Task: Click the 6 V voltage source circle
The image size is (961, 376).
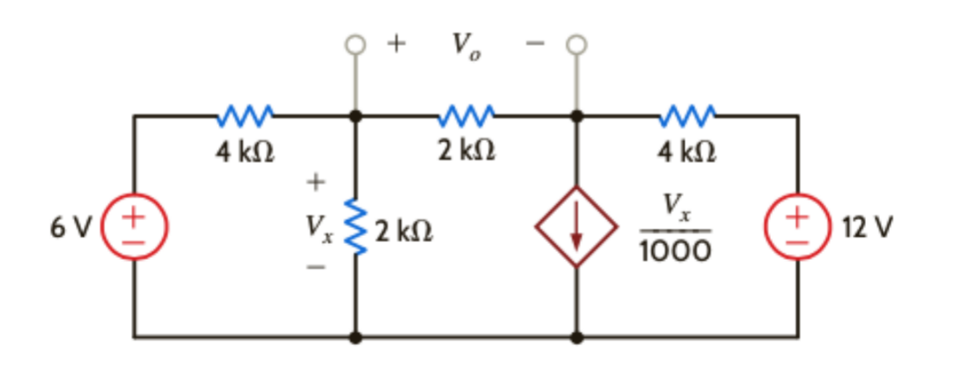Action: [x=134, y=226]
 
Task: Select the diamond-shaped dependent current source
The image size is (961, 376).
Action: [x=577, y=226]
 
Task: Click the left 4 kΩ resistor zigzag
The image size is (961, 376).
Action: [x=246, y=114]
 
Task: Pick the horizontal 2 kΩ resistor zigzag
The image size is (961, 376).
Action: [x=466, y=114]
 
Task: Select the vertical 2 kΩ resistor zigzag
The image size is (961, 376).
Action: [x=356, y=226]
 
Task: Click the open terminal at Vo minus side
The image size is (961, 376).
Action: [x=577, y=43]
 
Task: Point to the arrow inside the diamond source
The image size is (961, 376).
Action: [x=577, y=227]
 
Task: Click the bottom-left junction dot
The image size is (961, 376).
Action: [x=356, y=336]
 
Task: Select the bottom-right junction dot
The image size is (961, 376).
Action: [x=577, y=336]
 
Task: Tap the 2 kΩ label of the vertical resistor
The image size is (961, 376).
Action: [x=401, y=232]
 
